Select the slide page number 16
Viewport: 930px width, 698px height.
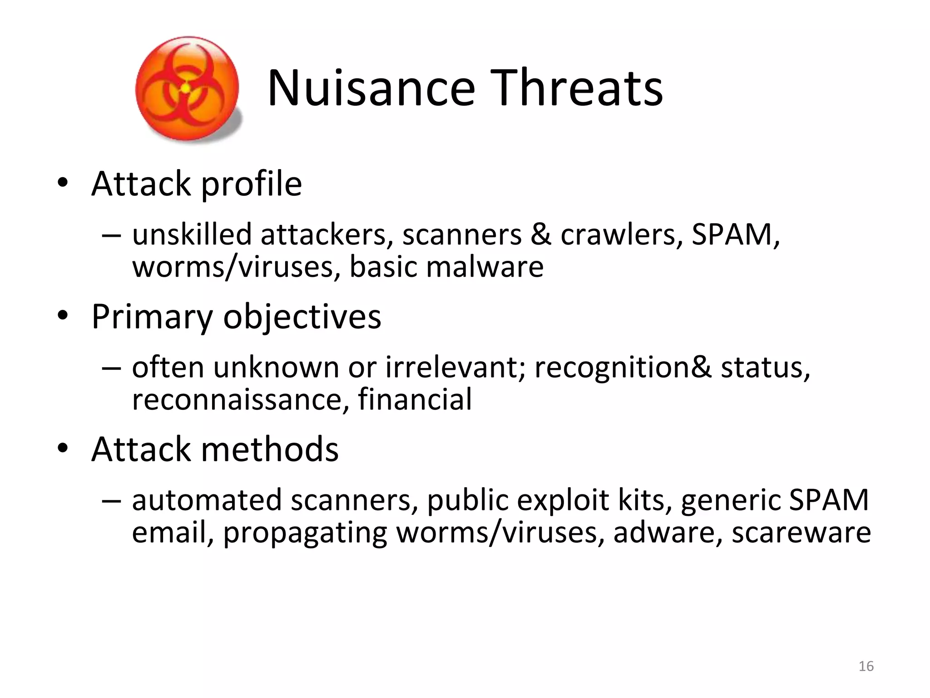coord(866,666)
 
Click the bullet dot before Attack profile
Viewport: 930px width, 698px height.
coord(63,183)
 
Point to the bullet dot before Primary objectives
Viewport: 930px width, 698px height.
coord(63,316)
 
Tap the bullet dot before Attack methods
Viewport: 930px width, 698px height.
coord(63,449)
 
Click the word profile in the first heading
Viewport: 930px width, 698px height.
coord(251,184)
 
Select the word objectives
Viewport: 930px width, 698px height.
coord(302,317)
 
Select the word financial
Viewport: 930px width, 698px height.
coord(415,399)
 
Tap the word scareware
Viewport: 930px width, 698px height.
coord(801,533)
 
